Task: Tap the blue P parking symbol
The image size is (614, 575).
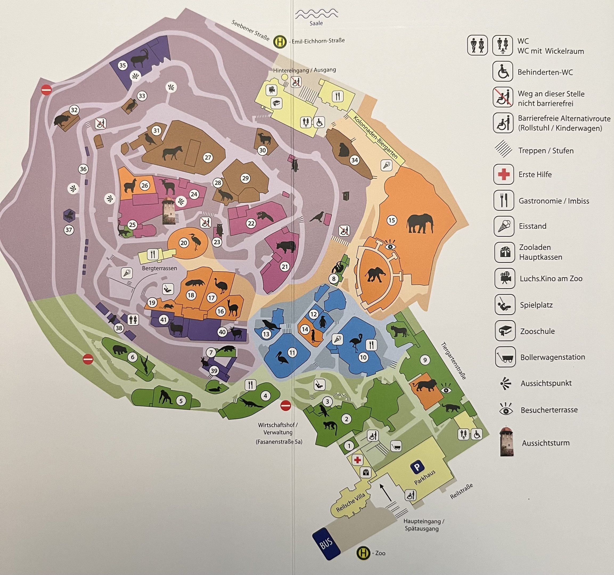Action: click(x=417, y=467)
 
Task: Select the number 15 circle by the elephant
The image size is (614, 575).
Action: click(x=392, y=220)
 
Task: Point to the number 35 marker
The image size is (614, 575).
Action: click(x=123, y=65)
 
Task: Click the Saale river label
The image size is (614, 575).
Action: click(x=316, y=23)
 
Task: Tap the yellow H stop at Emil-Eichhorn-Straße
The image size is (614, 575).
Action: click(x=280, y=42)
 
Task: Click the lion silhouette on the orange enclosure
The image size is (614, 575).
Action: click(x=425, y=385)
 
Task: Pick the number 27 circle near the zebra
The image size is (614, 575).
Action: click(x=208, y=158)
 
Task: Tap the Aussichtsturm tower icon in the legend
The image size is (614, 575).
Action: click(x=506, y=442)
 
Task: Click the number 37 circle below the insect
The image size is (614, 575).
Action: click(x=69, y=230)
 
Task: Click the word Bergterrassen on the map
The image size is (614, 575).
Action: click(x=159, y=268)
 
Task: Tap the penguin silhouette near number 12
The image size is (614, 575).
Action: click(x=322, y=322)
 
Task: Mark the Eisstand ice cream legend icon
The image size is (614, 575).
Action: click(x=504, y=226)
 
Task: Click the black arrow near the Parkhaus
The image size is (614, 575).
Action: click(x=386, y=492)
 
